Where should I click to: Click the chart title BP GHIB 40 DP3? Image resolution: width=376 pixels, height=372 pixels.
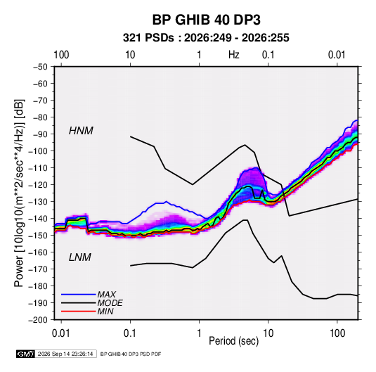click(x=206, y=20)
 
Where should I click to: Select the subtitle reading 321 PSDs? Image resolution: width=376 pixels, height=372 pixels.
click(x=148, y=38)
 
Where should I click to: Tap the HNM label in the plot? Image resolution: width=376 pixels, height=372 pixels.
click(x=81, y=131)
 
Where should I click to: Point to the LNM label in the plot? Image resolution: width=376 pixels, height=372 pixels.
click(x=80, y=257)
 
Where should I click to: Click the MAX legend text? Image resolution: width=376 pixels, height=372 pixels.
click(x=106, y=294)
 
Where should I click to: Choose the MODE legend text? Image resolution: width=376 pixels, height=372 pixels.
click(x=110, y=303)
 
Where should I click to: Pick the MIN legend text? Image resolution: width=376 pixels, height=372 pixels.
click(x=105, y=312)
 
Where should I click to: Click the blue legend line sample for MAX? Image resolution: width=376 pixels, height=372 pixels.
click(x=79, y=295)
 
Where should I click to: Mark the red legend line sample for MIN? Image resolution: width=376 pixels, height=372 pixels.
click(x=79, y=312)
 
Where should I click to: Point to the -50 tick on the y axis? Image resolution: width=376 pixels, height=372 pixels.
click(x=40, y=67)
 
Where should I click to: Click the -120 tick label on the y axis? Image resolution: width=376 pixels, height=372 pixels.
click(x=38, y=185)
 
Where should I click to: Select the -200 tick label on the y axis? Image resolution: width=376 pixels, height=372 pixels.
click(x=38, y=320)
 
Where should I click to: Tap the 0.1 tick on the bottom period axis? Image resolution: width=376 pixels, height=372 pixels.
click(x=130, y=333)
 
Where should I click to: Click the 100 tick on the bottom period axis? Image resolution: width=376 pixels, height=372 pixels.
click(x=337, y=333)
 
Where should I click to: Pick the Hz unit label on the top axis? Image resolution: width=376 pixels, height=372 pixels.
click(x=234, y=55)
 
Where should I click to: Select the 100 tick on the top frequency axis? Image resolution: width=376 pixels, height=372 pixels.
click(x=61, y=55)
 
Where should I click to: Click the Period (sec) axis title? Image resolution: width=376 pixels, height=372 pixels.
click(x=234, y=341)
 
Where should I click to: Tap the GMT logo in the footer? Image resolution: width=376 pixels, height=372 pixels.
click(x=25, y=354)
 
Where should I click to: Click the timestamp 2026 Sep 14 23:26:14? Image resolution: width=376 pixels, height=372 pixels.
click(x=65, y=354)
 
